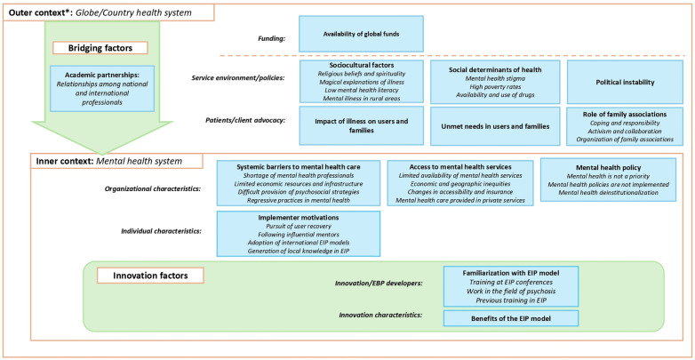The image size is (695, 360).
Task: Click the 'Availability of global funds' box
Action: click(361, 34)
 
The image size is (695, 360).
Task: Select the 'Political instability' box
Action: click(625, 82)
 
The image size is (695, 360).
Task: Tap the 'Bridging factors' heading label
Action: click(100, 48)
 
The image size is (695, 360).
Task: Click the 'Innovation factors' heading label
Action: click(150, 276)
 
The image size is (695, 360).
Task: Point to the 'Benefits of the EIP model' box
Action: click(511, 318)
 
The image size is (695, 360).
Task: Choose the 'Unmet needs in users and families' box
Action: click(495, 126)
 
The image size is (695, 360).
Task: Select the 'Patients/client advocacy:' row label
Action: click(244, 120)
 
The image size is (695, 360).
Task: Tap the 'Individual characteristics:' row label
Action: click(162, 231)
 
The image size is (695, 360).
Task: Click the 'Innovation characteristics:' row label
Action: click(380, 315)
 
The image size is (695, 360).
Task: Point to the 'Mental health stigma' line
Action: click(495, 78)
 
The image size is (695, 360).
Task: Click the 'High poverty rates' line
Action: click(495, 86)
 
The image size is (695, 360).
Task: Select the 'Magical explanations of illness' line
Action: click(361, 82)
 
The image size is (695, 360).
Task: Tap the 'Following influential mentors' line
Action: click(299, 235)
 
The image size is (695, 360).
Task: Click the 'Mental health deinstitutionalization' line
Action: click(608, 192)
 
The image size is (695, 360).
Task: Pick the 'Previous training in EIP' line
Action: click(511, 300)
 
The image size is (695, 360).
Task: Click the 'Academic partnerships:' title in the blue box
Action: click(102, 75)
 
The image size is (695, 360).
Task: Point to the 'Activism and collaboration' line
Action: click(625, 132)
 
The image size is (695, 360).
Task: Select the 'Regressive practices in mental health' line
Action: click(299, 200)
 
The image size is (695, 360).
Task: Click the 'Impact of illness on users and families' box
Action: click(361, 125)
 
